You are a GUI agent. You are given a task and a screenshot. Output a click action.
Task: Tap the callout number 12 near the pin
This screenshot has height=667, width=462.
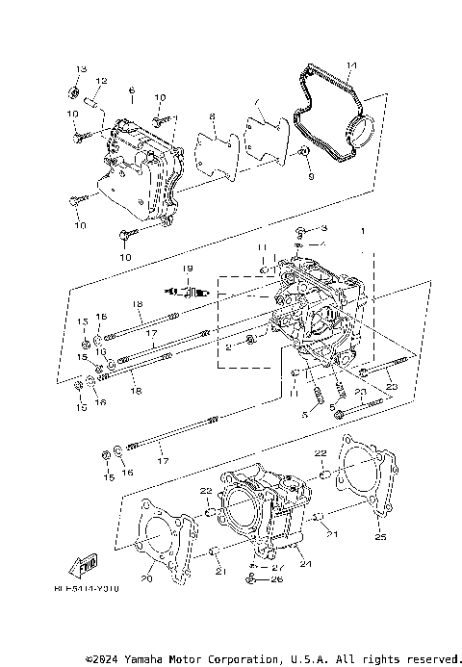(x=101, y=81)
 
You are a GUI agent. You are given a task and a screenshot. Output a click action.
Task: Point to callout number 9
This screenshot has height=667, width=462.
(x=311, y=177)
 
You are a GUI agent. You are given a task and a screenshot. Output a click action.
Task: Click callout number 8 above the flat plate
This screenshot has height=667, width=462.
(x=213, y=117)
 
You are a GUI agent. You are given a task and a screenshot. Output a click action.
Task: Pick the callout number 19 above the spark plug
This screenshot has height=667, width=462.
(x=188, y=268)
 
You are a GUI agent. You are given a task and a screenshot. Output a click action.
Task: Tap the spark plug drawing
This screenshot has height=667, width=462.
(x=189, y=291)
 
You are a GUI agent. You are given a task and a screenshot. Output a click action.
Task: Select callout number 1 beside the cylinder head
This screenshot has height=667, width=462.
(x=363, y=231)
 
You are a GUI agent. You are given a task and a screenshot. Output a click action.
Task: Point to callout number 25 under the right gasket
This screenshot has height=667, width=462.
(x=380, y=537)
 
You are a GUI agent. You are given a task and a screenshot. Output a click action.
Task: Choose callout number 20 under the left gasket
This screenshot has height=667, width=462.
(x=147, y=578)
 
